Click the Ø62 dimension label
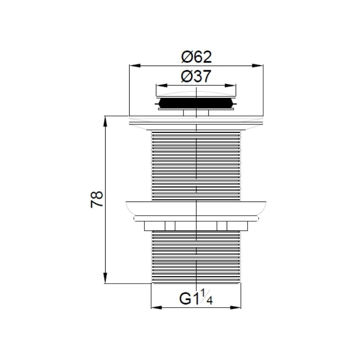[196, 57]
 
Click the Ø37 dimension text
[196, 76]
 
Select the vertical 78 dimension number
[97, 199]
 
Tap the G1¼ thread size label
[196, 298]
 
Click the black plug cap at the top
[196, 104]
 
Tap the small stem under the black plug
[196, 113]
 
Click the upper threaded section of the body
[196, 164]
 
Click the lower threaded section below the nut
[196, 256]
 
